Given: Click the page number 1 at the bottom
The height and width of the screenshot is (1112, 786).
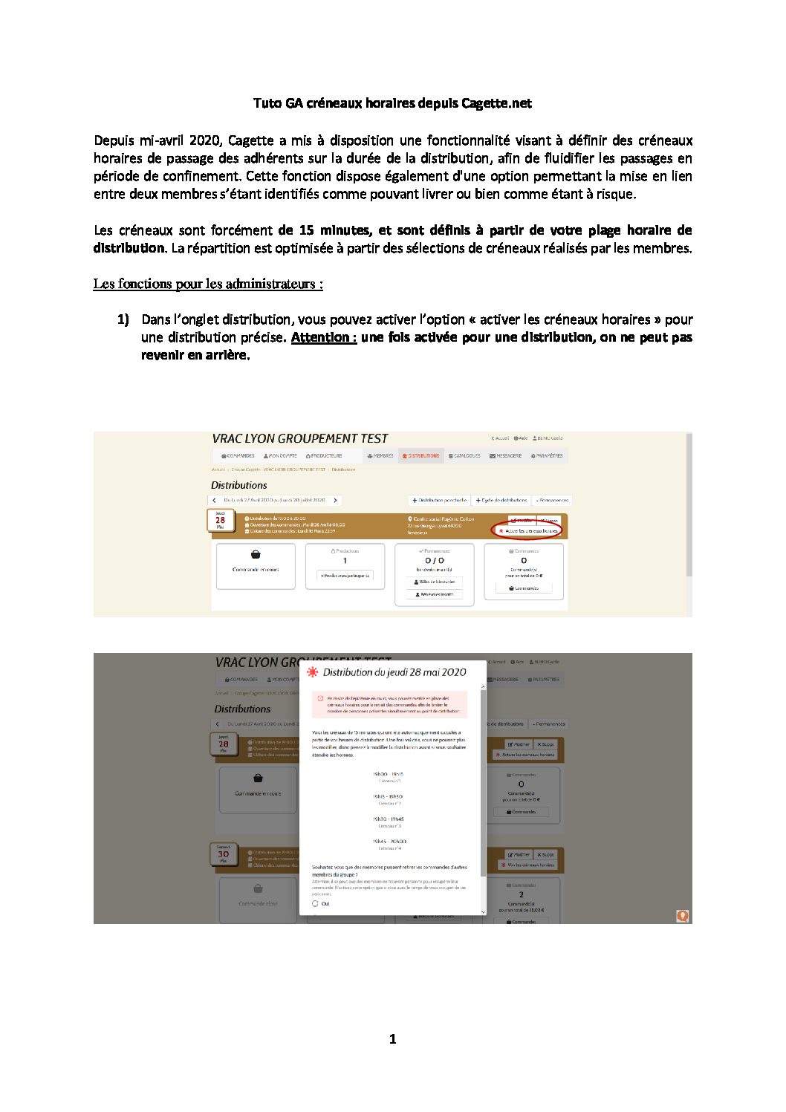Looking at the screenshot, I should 392,1039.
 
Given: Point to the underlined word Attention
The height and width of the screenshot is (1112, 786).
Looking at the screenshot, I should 323,337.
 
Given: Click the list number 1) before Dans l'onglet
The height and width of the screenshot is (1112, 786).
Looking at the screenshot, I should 123,319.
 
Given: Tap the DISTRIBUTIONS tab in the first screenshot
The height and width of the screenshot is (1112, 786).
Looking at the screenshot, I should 420,455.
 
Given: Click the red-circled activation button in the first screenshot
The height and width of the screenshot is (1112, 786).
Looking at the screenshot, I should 527,530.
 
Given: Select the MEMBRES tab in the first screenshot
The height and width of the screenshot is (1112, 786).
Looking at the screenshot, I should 380,455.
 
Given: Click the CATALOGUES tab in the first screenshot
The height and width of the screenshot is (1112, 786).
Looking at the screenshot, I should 464,455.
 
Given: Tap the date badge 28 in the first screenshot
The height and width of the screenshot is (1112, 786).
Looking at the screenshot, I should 220,520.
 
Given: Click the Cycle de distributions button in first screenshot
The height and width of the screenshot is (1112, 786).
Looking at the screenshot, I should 501,500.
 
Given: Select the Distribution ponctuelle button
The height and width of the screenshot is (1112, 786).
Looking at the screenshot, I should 440,500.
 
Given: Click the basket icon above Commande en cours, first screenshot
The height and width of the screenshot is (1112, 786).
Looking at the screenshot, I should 256,554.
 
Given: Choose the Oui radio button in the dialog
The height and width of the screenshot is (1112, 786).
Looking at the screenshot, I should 315,904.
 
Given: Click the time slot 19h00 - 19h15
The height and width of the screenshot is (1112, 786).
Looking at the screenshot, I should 388,774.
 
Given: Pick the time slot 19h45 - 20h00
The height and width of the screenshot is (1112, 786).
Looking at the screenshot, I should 389,842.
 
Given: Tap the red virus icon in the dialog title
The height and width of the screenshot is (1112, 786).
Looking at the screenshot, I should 313,672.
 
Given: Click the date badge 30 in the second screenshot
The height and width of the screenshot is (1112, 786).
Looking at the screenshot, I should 223,854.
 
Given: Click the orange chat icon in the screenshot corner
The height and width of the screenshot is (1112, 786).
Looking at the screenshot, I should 682,916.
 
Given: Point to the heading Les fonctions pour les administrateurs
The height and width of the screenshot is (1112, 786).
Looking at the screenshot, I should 208,284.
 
